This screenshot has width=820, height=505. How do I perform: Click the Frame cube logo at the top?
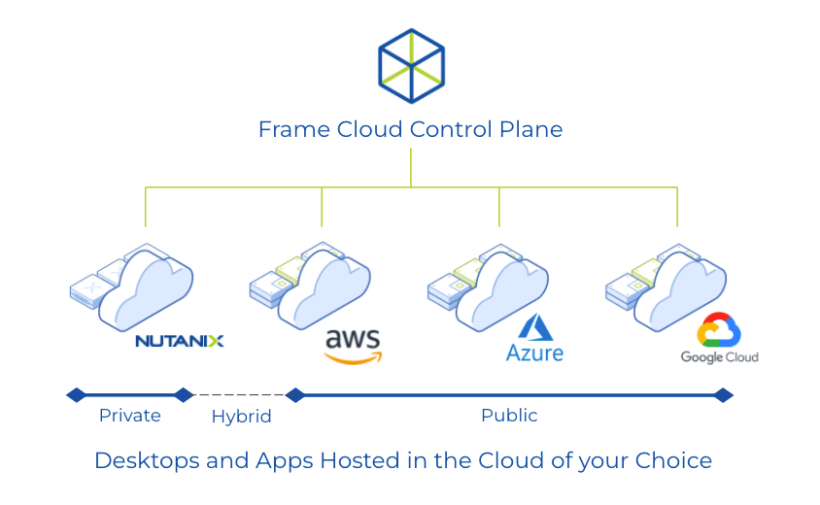411,66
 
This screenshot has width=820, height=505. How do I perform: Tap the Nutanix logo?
180,341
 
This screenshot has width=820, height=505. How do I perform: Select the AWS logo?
353,345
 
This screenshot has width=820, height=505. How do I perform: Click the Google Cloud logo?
719,339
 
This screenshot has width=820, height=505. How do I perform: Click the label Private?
130,416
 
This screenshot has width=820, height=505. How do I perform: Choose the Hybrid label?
241,417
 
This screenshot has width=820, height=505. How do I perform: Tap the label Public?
509,416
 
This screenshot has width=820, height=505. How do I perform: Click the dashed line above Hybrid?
239,395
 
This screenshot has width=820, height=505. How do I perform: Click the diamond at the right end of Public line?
723,394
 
